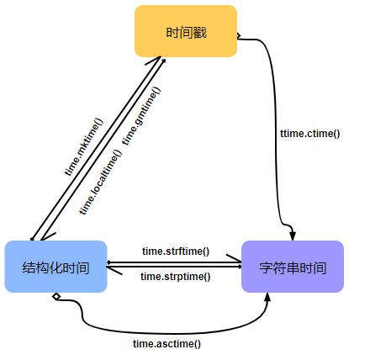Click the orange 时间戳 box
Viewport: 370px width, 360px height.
pyautogui.click(x=186, y=32)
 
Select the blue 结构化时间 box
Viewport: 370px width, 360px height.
pyautogui.click(x=55, y=267)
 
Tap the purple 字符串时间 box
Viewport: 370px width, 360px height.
pyautogui.click(x=293, y=267)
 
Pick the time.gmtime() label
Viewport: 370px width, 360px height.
pyautogui.click(x=141, y=115)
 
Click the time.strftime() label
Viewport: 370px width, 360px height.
pyautogui.click(x=175, y=251)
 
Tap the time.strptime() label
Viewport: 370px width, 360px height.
pyautogui.click(x=175, y=276)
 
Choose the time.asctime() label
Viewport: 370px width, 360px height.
pyautogui.click(x=166, y=343)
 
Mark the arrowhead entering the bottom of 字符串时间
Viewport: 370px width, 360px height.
pyautogui.click(x=267, y=299)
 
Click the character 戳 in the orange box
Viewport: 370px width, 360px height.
pyautogui.click(x=199, y=32)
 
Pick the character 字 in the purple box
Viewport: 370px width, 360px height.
pyautogui.click(x=266, y=267)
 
